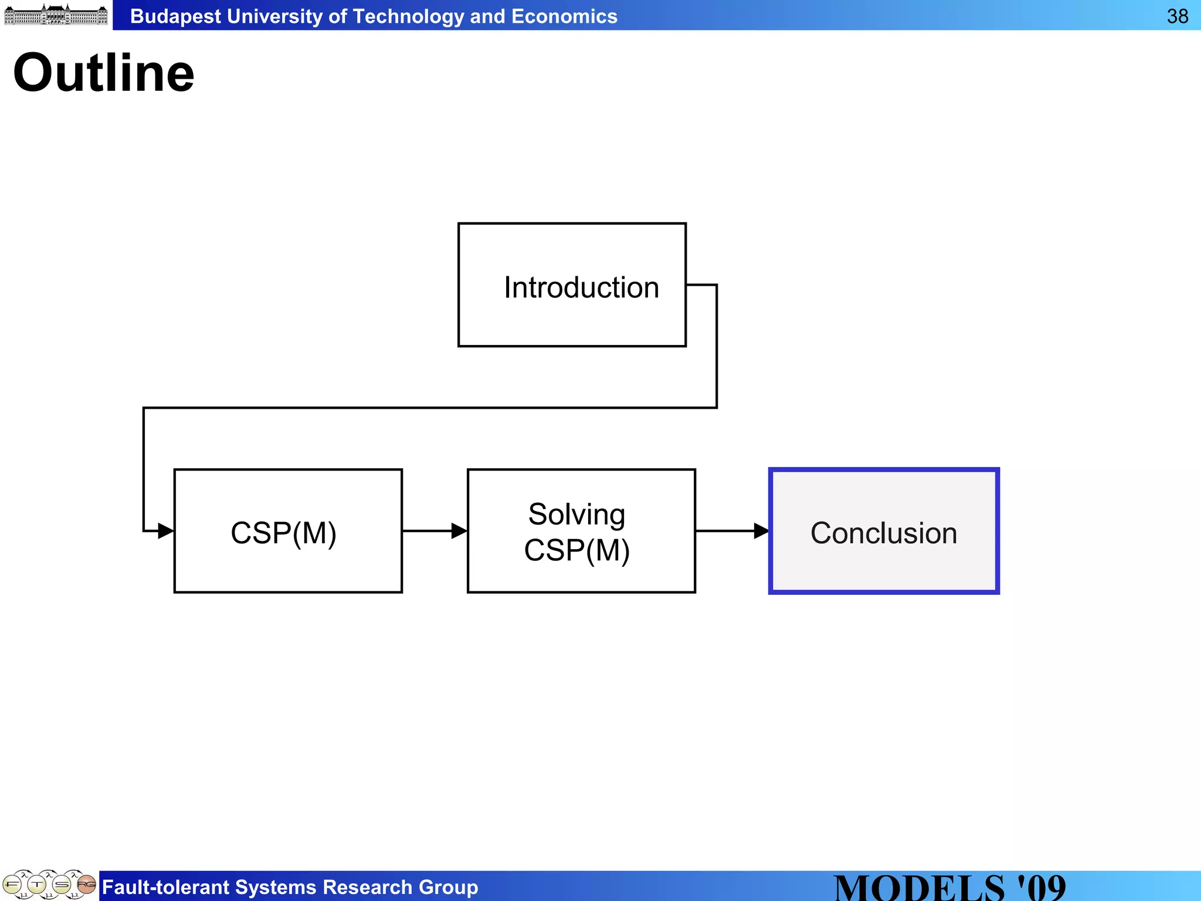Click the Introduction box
(572, 285)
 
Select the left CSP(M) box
(288, 531)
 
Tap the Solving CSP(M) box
(581, 531)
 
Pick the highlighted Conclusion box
(884, 531)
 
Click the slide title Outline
(104, 73)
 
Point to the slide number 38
(1177, 16)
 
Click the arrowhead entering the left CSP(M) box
(166, 531)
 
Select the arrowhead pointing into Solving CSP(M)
(459, 531)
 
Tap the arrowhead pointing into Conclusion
(761, 531)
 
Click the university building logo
(56, 15)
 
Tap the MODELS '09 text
(949, 888)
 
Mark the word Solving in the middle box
(576, 514)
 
